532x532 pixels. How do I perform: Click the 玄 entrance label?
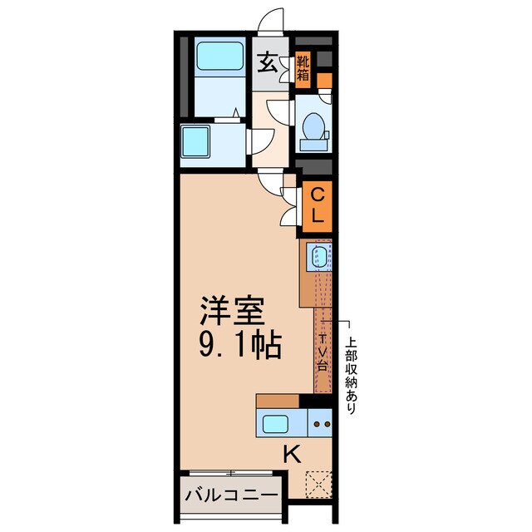coord(268,63)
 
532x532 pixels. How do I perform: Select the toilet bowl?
coord(314,125)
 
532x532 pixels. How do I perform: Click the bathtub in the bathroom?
coord(219,58)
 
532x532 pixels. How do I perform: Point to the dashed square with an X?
coord(318,483)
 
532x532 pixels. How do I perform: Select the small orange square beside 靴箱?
coord(324,81)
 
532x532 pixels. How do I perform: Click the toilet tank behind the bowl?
coord(314,144)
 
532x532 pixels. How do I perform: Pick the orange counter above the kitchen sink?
coord(278,401)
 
